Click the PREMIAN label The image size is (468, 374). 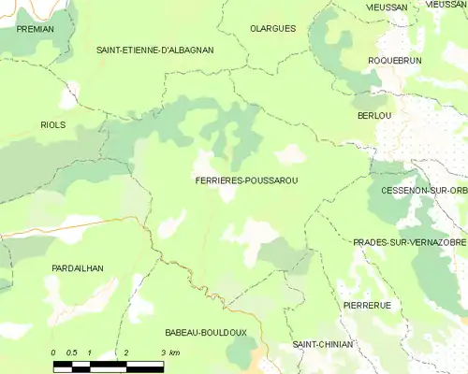(36, 29)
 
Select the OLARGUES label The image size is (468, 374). (272, 29)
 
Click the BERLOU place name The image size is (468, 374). (374, 115)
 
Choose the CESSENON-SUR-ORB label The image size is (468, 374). (424, 191)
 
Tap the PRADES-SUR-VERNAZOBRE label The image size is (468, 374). (410, 242)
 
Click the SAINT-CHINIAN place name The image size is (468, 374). (323, 344)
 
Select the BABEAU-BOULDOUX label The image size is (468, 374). (205, 332)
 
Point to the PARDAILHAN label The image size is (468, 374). (78, 268)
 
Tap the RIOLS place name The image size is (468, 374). (53, 124)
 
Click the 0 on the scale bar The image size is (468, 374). (53, 352)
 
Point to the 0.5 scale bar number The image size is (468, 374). (71, 352)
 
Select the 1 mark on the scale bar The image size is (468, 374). (89, 352)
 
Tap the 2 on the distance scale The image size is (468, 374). (125, 352)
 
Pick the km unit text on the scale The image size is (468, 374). (175, 352)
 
